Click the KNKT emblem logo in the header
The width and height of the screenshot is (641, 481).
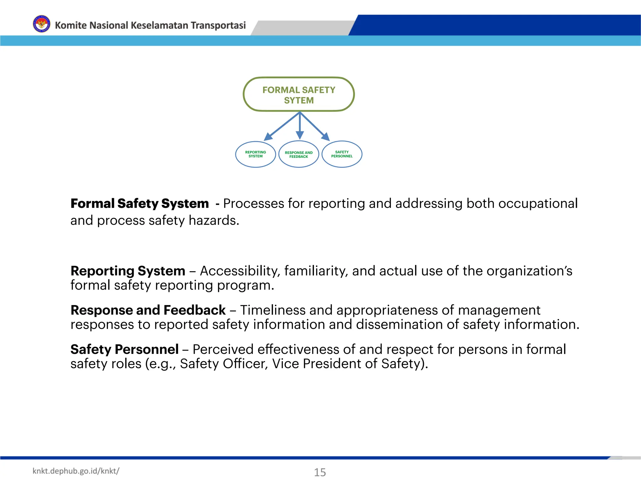41,24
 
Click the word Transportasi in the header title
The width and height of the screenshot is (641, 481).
218,25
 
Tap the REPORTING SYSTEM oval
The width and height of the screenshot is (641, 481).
255,154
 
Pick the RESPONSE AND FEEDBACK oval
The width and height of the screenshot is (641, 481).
299,154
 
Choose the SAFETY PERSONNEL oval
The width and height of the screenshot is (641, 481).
342,154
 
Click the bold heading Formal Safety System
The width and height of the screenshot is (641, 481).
140,204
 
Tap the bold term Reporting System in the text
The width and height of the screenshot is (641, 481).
128,271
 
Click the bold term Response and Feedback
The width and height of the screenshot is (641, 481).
148,310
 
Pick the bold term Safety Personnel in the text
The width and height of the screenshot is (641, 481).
124,349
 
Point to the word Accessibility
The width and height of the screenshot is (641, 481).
240,271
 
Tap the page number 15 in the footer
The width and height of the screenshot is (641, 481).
320,472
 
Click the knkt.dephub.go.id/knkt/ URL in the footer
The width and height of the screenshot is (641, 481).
76,471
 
